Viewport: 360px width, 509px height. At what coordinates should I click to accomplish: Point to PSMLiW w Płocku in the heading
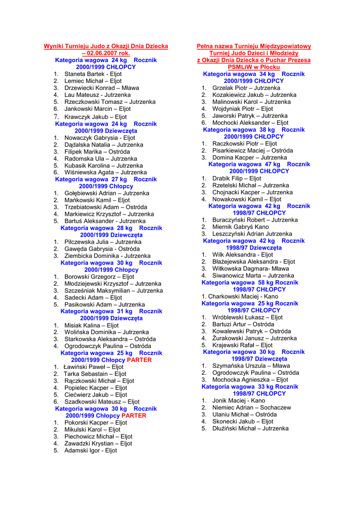click(254, 67)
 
